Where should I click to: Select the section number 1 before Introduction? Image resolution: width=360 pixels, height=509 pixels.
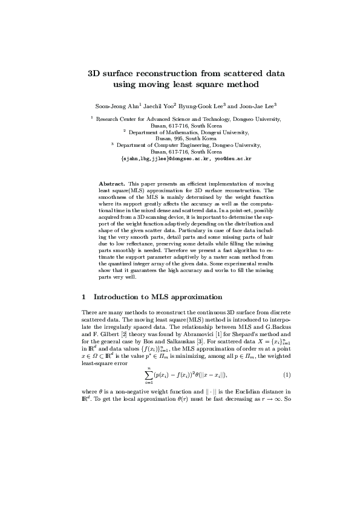83,297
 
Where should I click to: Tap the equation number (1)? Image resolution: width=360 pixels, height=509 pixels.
287,375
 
